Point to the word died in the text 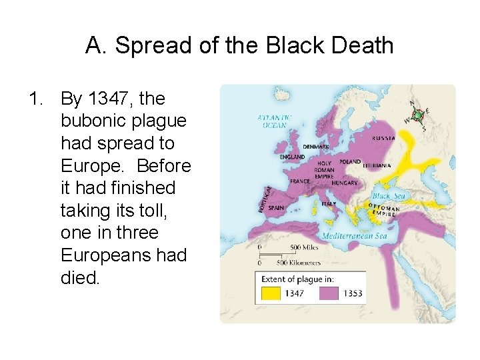[79, 278]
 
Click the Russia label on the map [383, 138]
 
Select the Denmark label [315, 147]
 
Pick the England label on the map [292, 157]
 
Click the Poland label [350, 161]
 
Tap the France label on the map [300, 181]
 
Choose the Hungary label [345, 183]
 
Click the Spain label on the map [276, 207]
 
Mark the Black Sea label [388, 196]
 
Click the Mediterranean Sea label [354, 236]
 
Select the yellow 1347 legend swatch [270, 293]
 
